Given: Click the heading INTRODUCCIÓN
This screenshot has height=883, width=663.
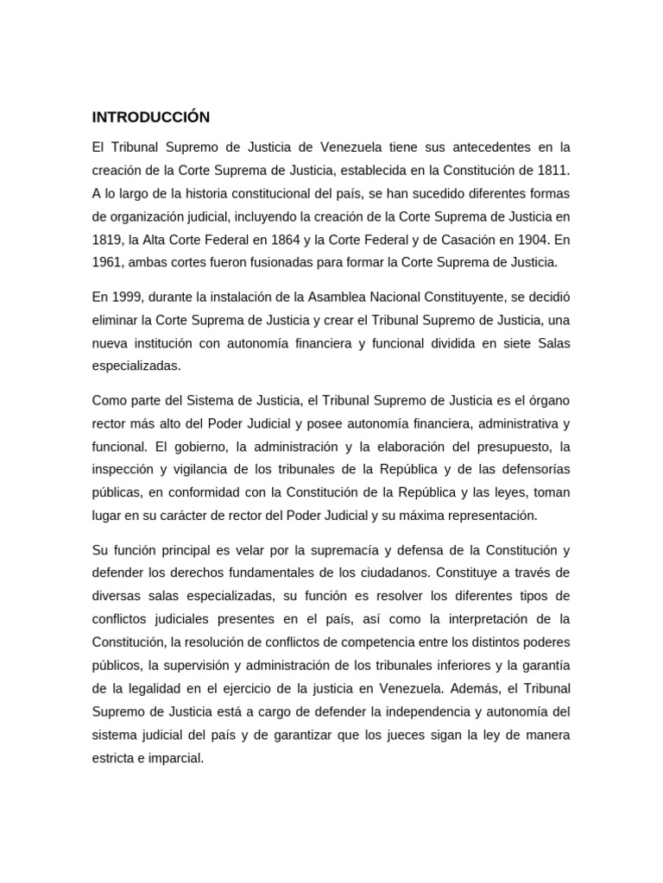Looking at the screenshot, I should (151, 117).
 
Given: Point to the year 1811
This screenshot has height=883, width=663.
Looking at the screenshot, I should (552, 169).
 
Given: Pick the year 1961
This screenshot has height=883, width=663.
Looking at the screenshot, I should (107, 261).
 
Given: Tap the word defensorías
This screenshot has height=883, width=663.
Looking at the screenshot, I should (532, 470).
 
